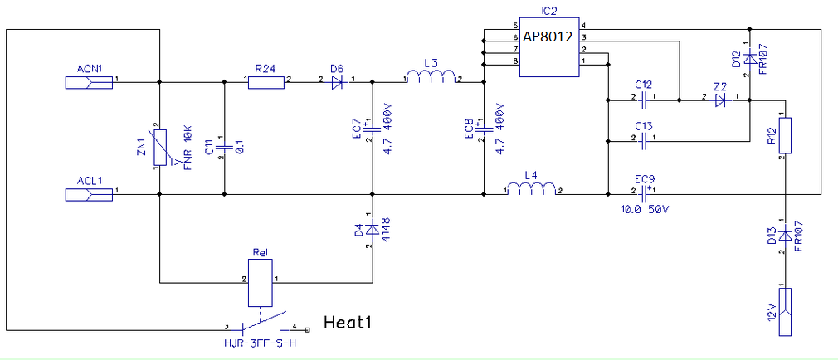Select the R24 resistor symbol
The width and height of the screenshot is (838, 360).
(x=266, y=81)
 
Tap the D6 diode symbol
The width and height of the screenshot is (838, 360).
(x=337, y=81)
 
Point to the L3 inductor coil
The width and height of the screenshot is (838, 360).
(x=431, y=79)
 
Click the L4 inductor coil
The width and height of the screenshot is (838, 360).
(x=532, y=192)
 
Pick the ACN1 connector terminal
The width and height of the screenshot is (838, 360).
(x=89, y=81)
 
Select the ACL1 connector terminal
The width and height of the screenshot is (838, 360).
(x=89, y=194)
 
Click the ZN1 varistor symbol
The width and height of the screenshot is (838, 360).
(x=158, y=148)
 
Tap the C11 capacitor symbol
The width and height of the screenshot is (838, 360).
(x=224, y=139)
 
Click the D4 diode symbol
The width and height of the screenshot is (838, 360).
(x=373, y=228)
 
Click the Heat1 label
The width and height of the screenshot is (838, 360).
(x=346, y=323)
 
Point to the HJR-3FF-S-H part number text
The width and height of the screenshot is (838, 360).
(x=260, y=342)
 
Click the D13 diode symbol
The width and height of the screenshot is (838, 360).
(x=784, y=236)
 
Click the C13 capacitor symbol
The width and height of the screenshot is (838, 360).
(x=644, y=139)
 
